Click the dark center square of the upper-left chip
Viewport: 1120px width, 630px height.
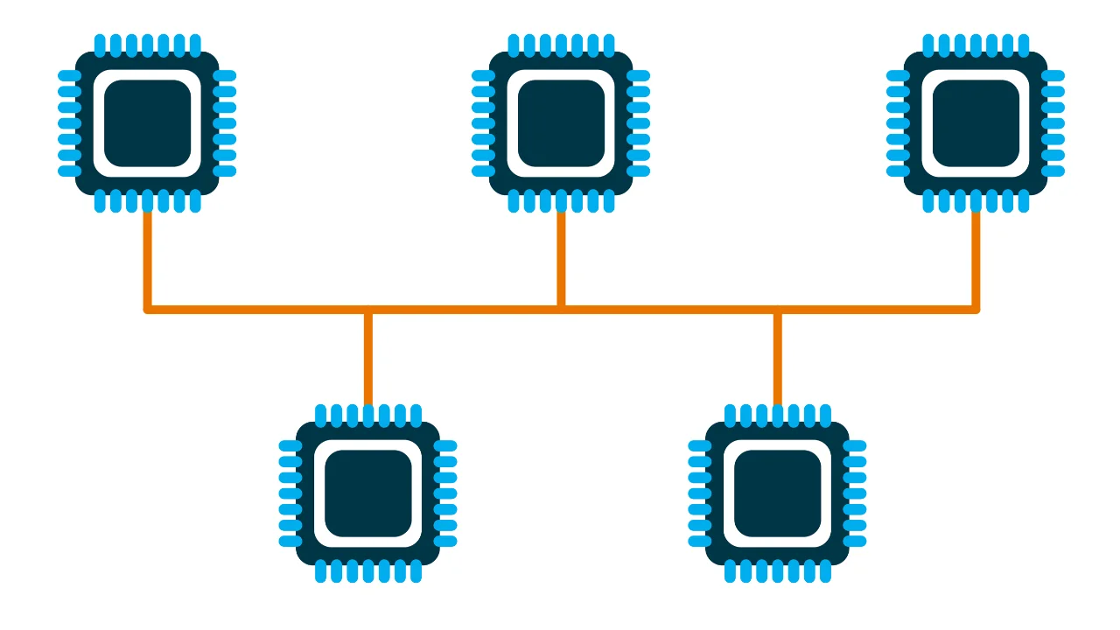pos(147,123)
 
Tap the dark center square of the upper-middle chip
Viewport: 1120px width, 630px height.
pos(561,123)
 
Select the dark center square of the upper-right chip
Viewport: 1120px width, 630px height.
pos(976,123)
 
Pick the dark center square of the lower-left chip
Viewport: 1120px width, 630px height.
pos(367,493)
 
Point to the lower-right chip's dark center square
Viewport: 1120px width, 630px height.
pos(777,493)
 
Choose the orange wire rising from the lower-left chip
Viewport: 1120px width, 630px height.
pos(367,359)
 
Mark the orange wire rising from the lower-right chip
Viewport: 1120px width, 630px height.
pos(777,359)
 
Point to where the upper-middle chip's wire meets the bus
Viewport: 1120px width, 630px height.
pos(561,309)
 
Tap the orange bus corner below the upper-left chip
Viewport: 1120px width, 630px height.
pos(147,309)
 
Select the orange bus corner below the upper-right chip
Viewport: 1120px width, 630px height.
pos(976,309)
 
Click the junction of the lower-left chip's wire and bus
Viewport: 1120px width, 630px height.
pos(367,309)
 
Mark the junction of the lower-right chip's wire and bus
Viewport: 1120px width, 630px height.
pos(777,309)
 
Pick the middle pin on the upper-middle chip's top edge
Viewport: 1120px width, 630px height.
pos(561,44)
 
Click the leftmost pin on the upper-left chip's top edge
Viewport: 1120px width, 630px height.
pos(100,44)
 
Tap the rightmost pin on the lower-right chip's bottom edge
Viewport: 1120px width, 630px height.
pos(825,572)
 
